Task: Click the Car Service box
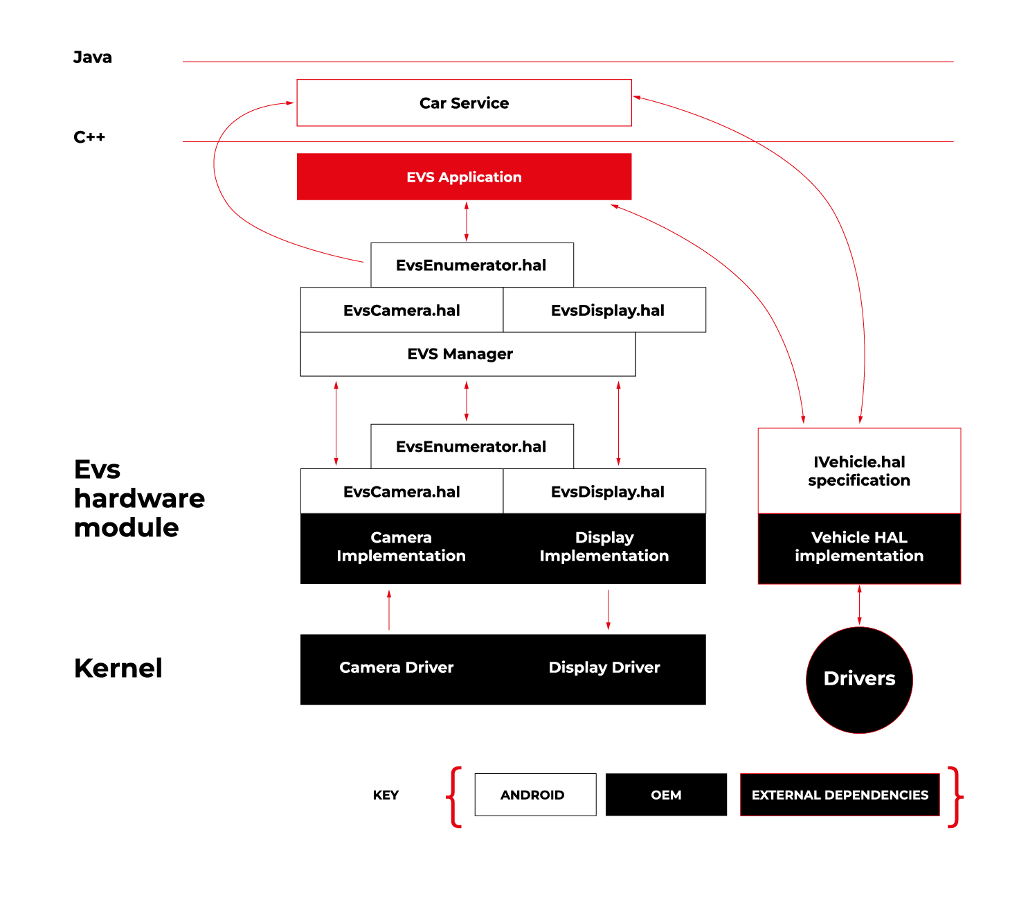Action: coord(464,103)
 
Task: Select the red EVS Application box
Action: coord(464,177)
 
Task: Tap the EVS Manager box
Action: coord(460,354)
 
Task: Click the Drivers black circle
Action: coord(859,680)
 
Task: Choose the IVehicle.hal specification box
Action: coord(859,471)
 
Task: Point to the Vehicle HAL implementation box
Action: coord(859,547)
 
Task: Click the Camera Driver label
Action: coord(397,667)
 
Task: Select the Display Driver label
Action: coord(604,667)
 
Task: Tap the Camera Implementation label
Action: coord(401,547)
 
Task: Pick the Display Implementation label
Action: coord(604,547)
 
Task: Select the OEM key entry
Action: coord(666,795)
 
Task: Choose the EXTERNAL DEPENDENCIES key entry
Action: coord(840,795)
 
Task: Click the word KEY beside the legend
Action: coord(386,795)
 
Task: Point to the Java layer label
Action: coord(93,58)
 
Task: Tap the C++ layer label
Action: coord(89,137)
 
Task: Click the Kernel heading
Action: coord(118,668)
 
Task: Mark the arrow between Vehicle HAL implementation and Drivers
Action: coord(860,606)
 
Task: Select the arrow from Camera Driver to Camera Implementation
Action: coord(389,610)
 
